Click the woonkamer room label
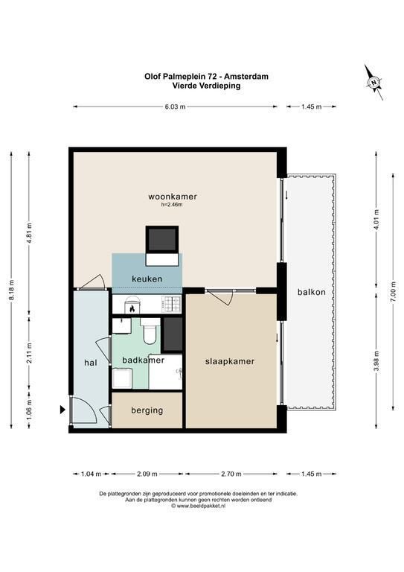(173, 197)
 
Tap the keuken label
(147, 279)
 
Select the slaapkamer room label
(230, 361)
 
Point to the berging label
(147, 410)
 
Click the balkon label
(312, 292)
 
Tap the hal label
(91, 363)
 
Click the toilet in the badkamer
(150, 331)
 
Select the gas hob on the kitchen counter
(171, 304)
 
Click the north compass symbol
(373, 82)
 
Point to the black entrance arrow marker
(62, 410)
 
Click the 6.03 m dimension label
(176, 107)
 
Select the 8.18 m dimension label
(12, 290)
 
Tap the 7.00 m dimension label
(393, 291)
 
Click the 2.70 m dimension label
(231, 474)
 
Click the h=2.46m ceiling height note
(172, 205)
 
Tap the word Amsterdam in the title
(246, 77)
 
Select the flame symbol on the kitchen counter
(132, 309)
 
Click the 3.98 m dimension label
(376, 361)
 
